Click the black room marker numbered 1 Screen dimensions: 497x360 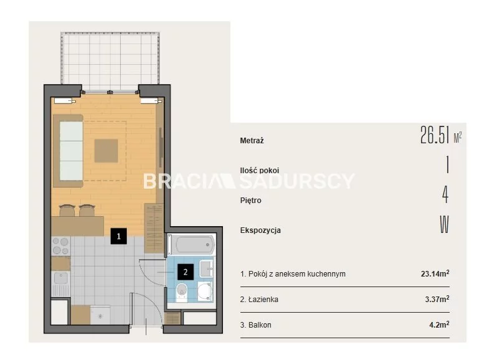[118, 236]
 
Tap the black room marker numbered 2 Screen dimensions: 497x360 [186, 272]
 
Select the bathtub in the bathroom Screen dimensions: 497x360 [192, 245]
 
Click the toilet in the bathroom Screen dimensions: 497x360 [182, 292]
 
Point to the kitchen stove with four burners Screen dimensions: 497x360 [60, 246]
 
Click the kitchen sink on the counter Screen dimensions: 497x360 [60, 278]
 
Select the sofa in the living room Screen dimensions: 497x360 [68, 151]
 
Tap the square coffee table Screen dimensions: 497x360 [106, 151]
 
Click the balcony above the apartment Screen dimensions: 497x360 [110, 61]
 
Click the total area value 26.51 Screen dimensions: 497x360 [435, 135]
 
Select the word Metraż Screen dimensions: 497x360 [252, 140]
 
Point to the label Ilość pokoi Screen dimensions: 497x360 [260, 171]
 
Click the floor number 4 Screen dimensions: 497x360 [445, 194]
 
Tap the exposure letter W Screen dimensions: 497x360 [445, 224]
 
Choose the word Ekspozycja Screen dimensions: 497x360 [260, 230]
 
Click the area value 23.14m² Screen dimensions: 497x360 [435, 273]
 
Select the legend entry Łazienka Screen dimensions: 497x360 [259, 300]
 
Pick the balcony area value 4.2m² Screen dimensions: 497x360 [439, 324]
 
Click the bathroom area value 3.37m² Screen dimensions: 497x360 [437, 299]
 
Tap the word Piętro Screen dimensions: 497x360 [251, 201]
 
